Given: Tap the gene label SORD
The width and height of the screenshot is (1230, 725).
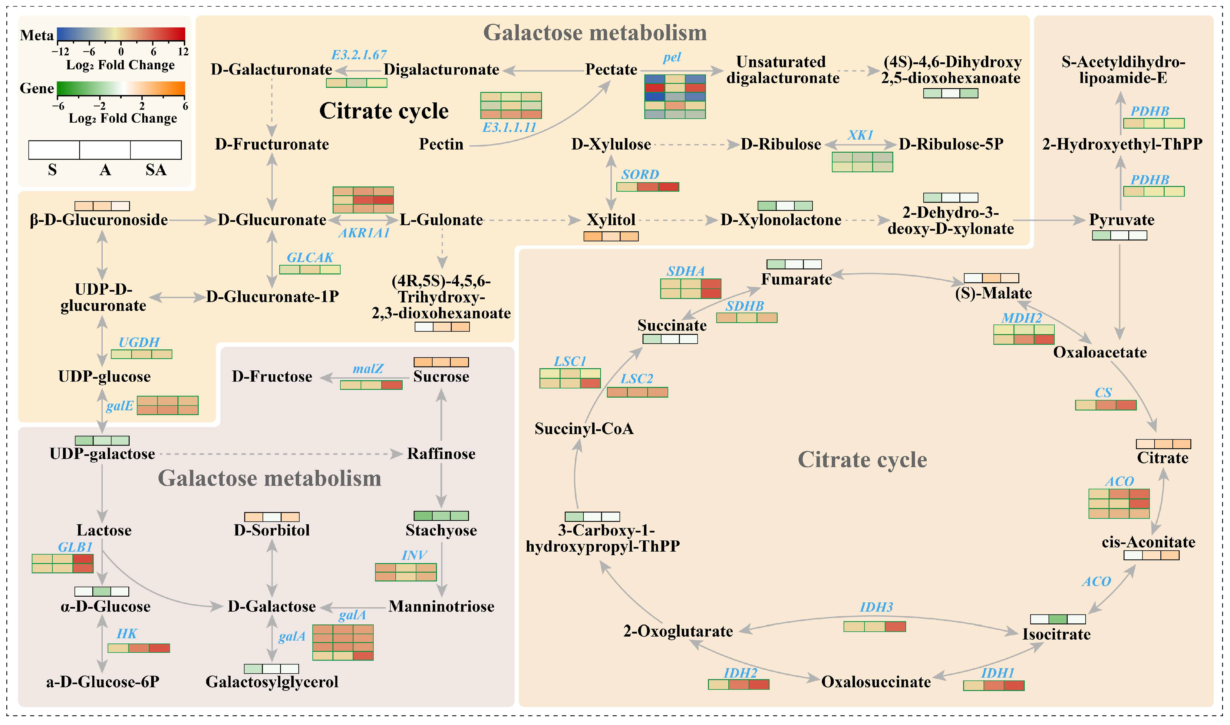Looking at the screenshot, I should tap(640, 174).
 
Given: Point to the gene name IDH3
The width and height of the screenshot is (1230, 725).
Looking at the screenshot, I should tap(876, 607).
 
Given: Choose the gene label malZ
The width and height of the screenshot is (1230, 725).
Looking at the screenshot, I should tap(368, 368).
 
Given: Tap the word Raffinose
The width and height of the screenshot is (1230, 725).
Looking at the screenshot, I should tap(441, 453).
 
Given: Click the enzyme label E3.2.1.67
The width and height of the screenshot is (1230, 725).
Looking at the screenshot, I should tap(359, 55).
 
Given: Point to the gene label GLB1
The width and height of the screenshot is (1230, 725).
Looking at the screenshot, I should tap(75, 547).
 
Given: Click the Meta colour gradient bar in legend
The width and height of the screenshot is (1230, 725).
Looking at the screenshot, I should tap(121, 34).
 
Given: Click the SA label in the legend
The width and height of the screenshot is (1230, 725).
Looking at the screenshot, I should tap(156, 170).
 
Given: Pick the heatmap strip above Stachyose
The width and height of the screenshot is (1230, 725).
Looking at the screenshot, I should tap(441, 516).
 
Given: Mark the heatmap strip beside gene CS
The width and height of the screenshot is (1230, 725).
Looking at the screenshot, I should tap(1106, 405).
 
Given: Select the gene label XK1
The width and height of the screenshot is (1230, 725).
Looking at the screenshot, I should tap(860, 135).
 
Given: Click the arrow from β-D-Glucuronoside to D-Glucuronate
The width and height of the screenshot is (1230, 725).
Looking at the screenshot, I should tap(193, 220).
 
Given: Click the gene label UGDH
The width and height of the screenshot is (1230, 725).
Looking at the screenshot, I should tap(139, 342).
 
